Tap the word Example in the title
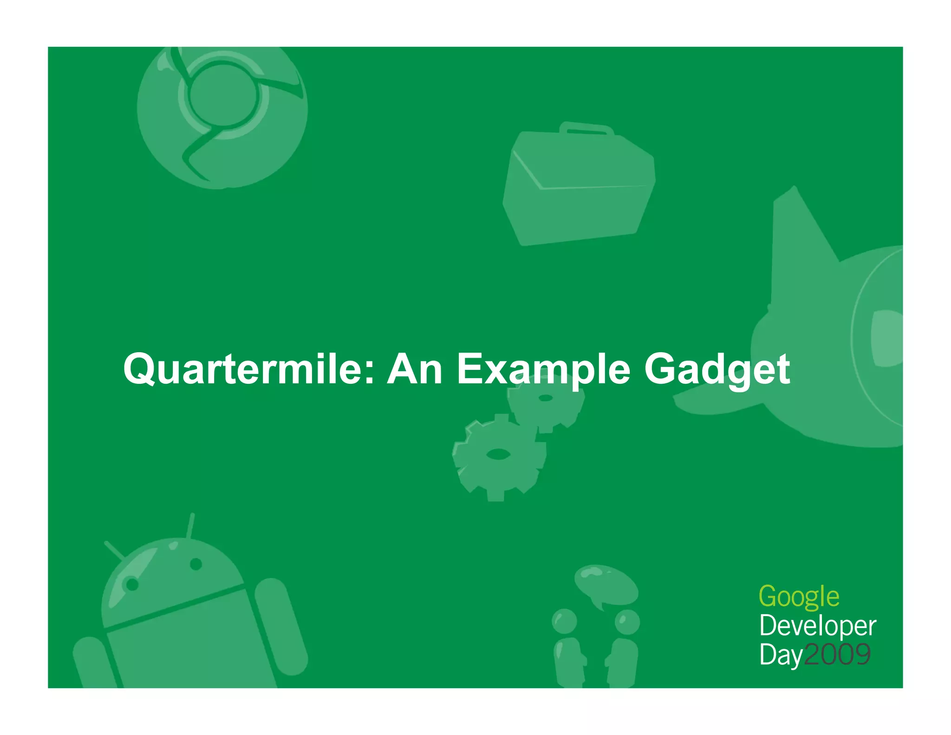tap(543, 369)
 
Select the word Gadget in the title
tap(717, 369)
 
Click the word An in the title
tap(415, 369)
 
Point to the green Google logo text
tap(799, 597)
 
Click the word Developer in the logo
tap(817, 626)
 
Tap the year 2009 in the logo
tap(837, 655)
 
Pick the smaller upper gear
tap(546, 399)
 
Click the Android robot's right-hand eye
tap(196, 564)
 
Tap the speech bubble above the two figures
tap(606, 584)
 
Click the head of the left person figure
tap(564, 621)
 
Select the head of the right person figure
tap(627, 622)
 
